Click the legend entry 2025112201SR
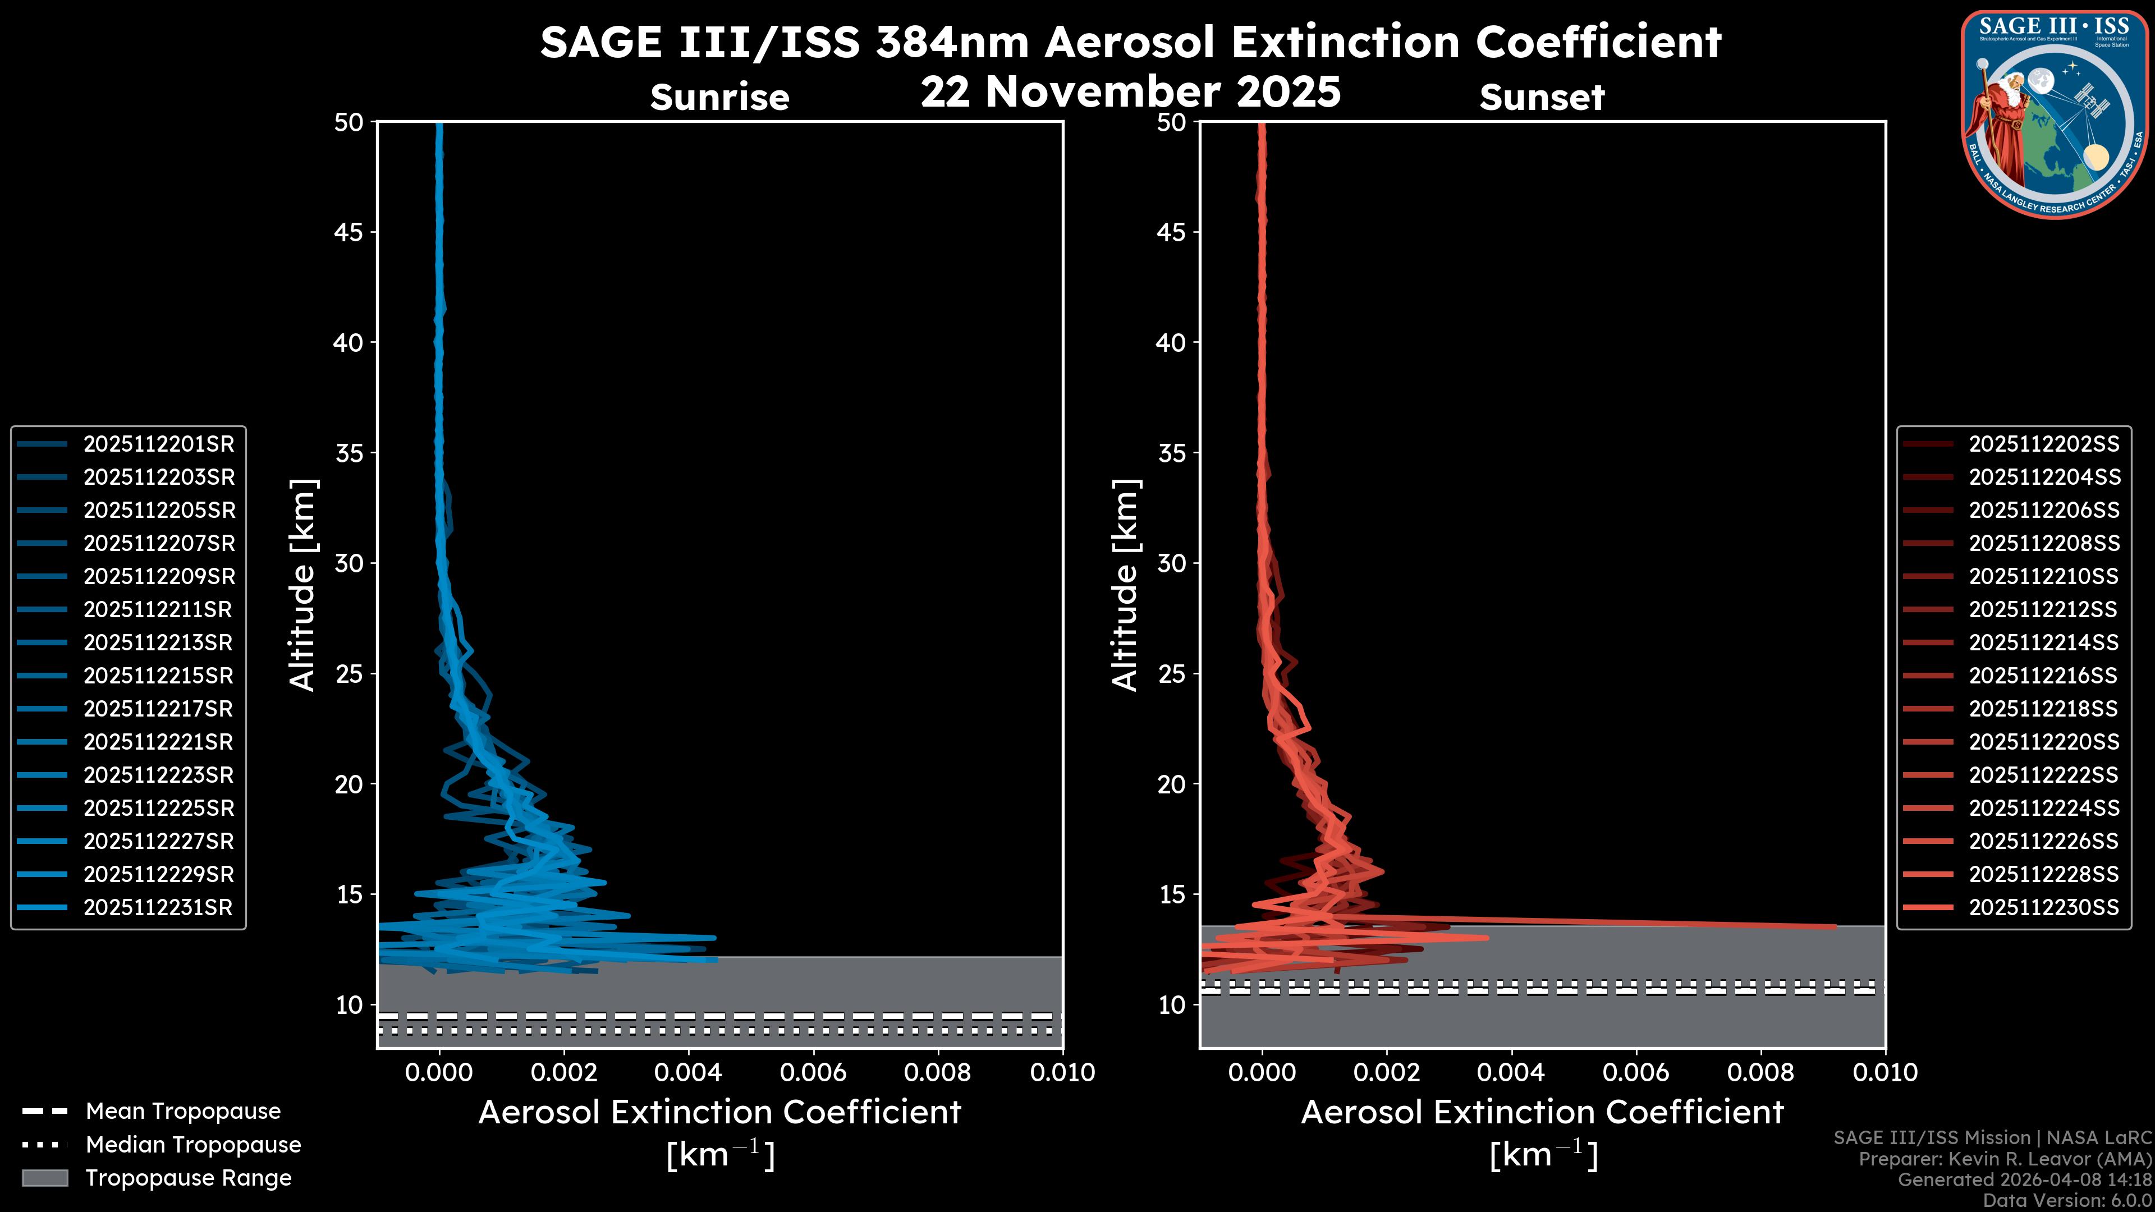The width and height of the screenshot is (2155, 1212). tap(158, 444)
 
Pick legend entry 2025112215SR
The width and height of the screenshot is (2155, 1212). tap(158, 676)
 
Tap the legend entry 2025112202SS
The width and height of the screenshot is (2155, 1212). tap(2044, 444)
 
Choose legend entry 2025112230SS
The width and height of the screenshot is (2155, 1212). tap(2044, 907)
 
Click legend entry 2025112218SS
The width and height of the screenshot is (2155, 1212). tap(2044, 709)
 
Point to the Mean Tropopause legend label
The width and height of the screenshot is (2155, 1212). tap(182, 1112)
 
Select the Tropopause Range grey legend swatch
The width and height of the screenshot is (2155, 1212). tap(44, 1178)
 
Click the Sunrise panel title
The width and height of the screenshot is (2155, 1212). tap(719, 98)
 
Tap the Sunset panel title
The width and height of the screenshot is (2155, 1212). tap(1542, 98)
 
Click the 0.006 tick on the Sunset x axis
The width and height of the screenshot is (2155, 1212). tap(1636, 1072)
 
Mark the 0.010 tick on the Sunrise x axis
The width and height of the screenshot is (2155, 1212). tap(1062, 1072)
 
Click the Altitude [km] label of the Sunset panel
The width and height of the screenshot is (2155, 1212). tap(1125, 585)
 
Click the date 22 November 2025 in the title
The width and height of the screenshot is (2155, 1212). tap(1130, 92)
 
